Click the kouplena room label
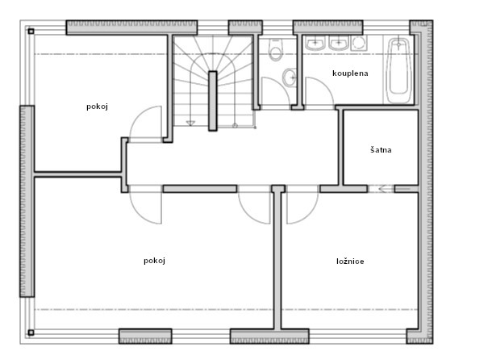tap(350, 73)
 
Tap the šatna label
tap(381, 150)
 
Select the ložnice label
tap(350, 261)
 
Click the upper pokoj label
tap(97, 107)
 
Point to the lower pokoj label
tap(154, 261)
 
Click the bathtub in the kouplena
tap(398, 71)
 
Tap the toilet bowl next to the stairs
tap(275, 50)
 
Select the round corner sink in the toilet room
tap(290, 77)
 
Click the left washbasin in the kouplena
tap(315, 43)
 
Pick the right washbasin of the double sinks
tap(339, 43)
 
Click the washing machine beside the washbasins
tap(359, 43)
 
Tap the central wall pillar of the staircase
tap(213, 101)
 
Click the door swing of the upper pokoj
tap(146, 124)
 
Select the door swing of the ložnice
tap(302, 207)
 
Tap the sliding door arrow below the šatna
tap(382, 189)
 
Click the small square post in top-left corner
tap(31, 31)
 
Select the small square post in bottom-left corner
tap(31, 333)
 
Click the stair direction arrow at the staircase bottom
tap(190, 123)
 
